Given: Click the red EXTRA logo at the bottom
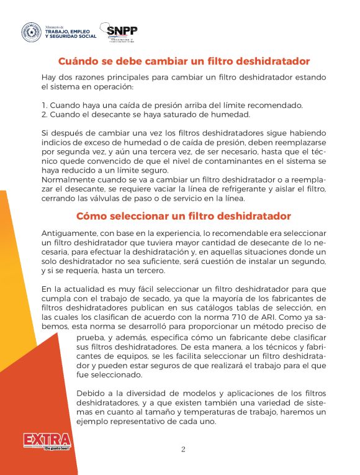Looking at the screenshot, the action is point(47,440).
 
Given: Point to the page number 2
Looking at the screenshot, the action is point(183,450).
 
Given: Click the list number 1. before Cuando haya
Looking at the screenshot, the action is point(44,105).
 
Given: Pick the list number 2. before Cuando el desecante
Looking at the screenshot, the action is point(45,114).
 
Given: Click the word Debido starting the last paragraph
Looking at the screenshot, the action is point(90,394).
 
